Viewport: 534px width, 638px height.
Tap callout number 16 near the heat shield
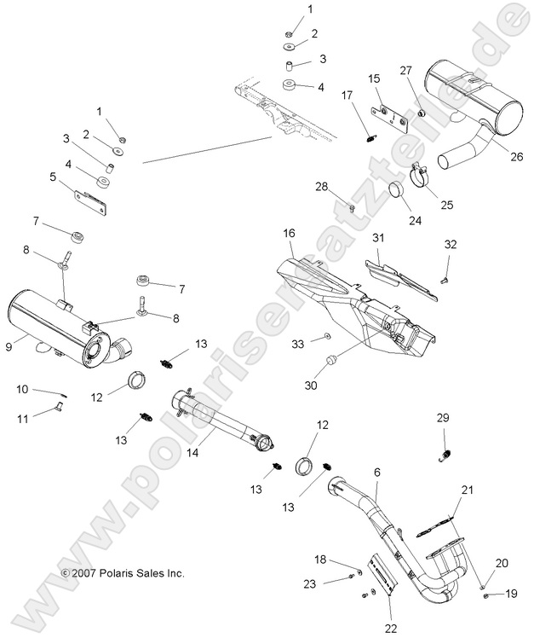[289, 233]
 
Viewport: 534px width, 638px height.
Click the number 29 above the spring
[442, 418]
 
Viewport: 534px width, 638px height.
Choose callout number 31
[378, 237]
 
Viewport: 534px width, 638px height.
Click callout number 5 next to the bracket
[54, 177]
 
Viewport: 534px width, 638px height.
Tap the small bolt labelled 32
[445, 277]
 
